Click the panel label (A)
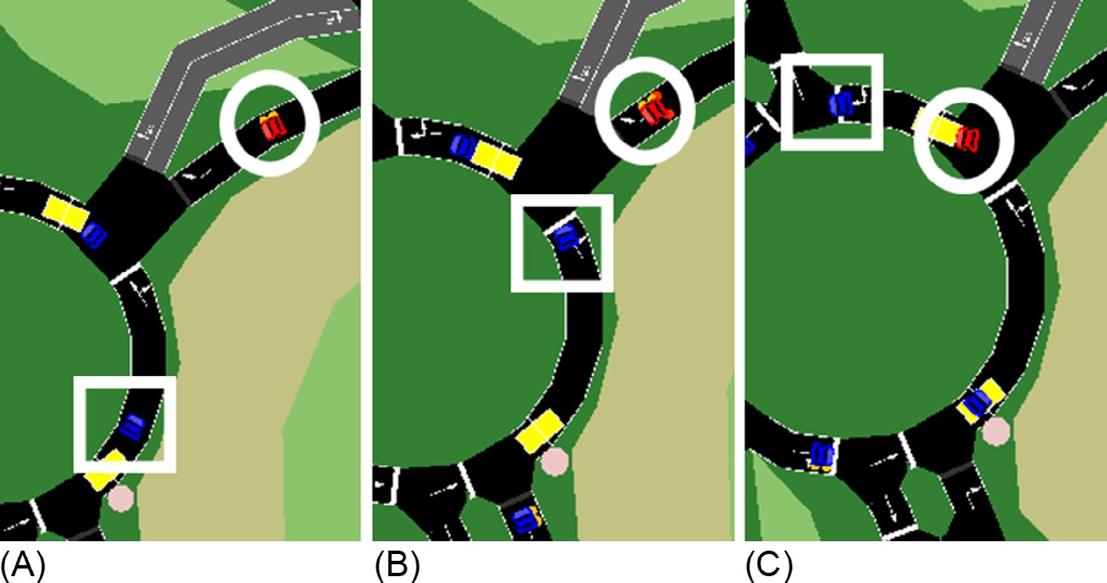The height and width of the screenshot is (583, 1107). [23, 565]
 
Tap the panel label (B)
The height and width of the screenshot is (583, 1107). [398, 565]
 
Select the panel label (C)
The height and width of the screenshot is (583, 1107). [769, 565]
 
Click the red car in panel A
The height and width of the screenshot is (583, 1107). [273, 127]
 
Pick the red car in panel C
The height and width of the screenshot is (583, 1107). [967, 140]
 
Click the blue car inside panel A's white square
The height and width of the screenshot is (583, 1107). [132, 426]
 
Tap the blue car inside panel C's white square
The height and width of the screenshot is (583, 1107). [841, 104]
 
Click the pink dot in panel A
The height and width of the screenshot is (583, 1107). [121, 498]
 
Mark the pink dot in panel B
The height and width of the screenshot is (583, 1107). [555, 462]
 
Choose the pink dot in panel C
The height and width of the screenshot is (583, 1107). [995, 431]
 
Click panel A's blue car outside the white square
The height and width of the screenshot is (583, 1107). [94, 235]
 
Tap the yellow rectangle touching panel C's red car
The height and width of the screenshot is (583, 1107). [937, 129]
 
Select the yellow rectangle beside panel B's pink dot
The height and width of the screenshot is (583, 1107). [539, 431]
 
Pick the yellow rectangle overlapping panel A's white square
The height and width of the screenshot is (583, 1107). [106, 470]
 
